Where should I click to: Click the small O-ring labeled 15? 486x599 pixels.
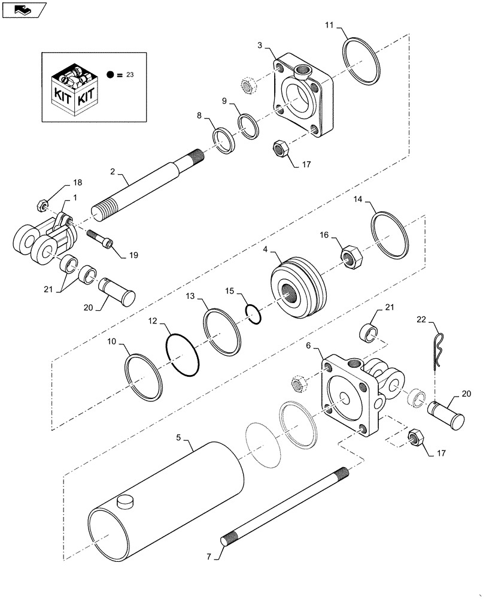tap(254, 314)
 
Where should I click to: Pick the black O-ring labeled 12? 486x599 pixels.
tap(183, 355)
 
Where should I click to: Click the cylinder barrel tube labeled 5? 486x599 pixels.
tap(168, 491)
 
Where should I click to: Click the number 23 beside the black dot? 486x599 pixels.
tap(131, 75)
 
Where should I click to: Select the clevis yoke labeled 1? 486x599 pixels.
tap(45, 240)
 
